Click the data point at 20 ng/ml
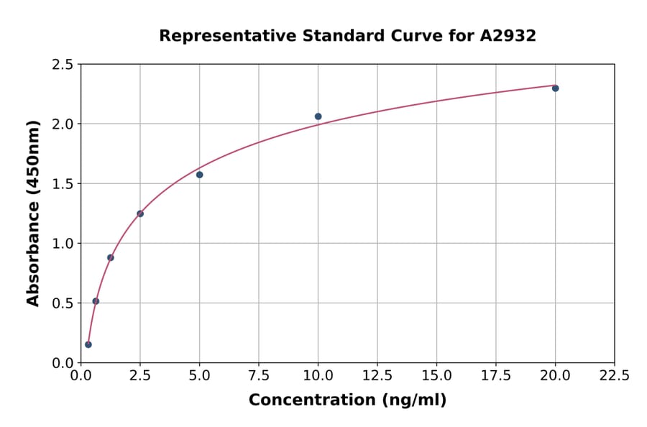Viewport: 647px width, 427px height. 555,88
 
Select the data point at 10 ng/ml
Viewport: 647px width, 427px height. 318,116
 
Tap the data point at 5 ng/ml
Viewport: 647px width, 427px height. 200,175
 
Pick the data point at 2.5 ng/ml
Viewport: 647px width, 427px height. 140,213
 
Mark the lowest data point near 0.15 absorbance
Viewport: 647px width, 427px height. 88,344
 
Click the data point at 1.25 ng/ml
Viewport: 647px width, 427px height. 111,257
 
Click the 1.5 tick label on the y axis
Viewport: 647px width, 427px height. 63,184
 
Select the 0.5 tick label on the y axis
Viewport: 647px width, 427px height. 63,303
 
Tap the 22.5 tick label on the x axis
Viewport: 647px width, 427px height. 615,376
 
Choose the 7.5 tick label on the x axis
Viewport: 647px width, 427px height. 259,376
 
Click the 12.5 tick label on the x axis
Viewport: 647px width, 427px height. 377,376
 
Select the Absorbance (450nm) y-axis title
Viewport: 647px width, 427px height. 33,213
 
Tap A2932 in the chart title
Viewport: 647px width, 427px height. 508,36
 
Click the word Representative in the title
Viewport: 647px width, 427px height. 219,36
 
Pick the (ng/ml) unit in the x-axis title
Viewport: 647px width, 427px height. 414,400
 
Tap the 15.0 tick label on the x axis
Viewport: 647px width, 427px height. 436,376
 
